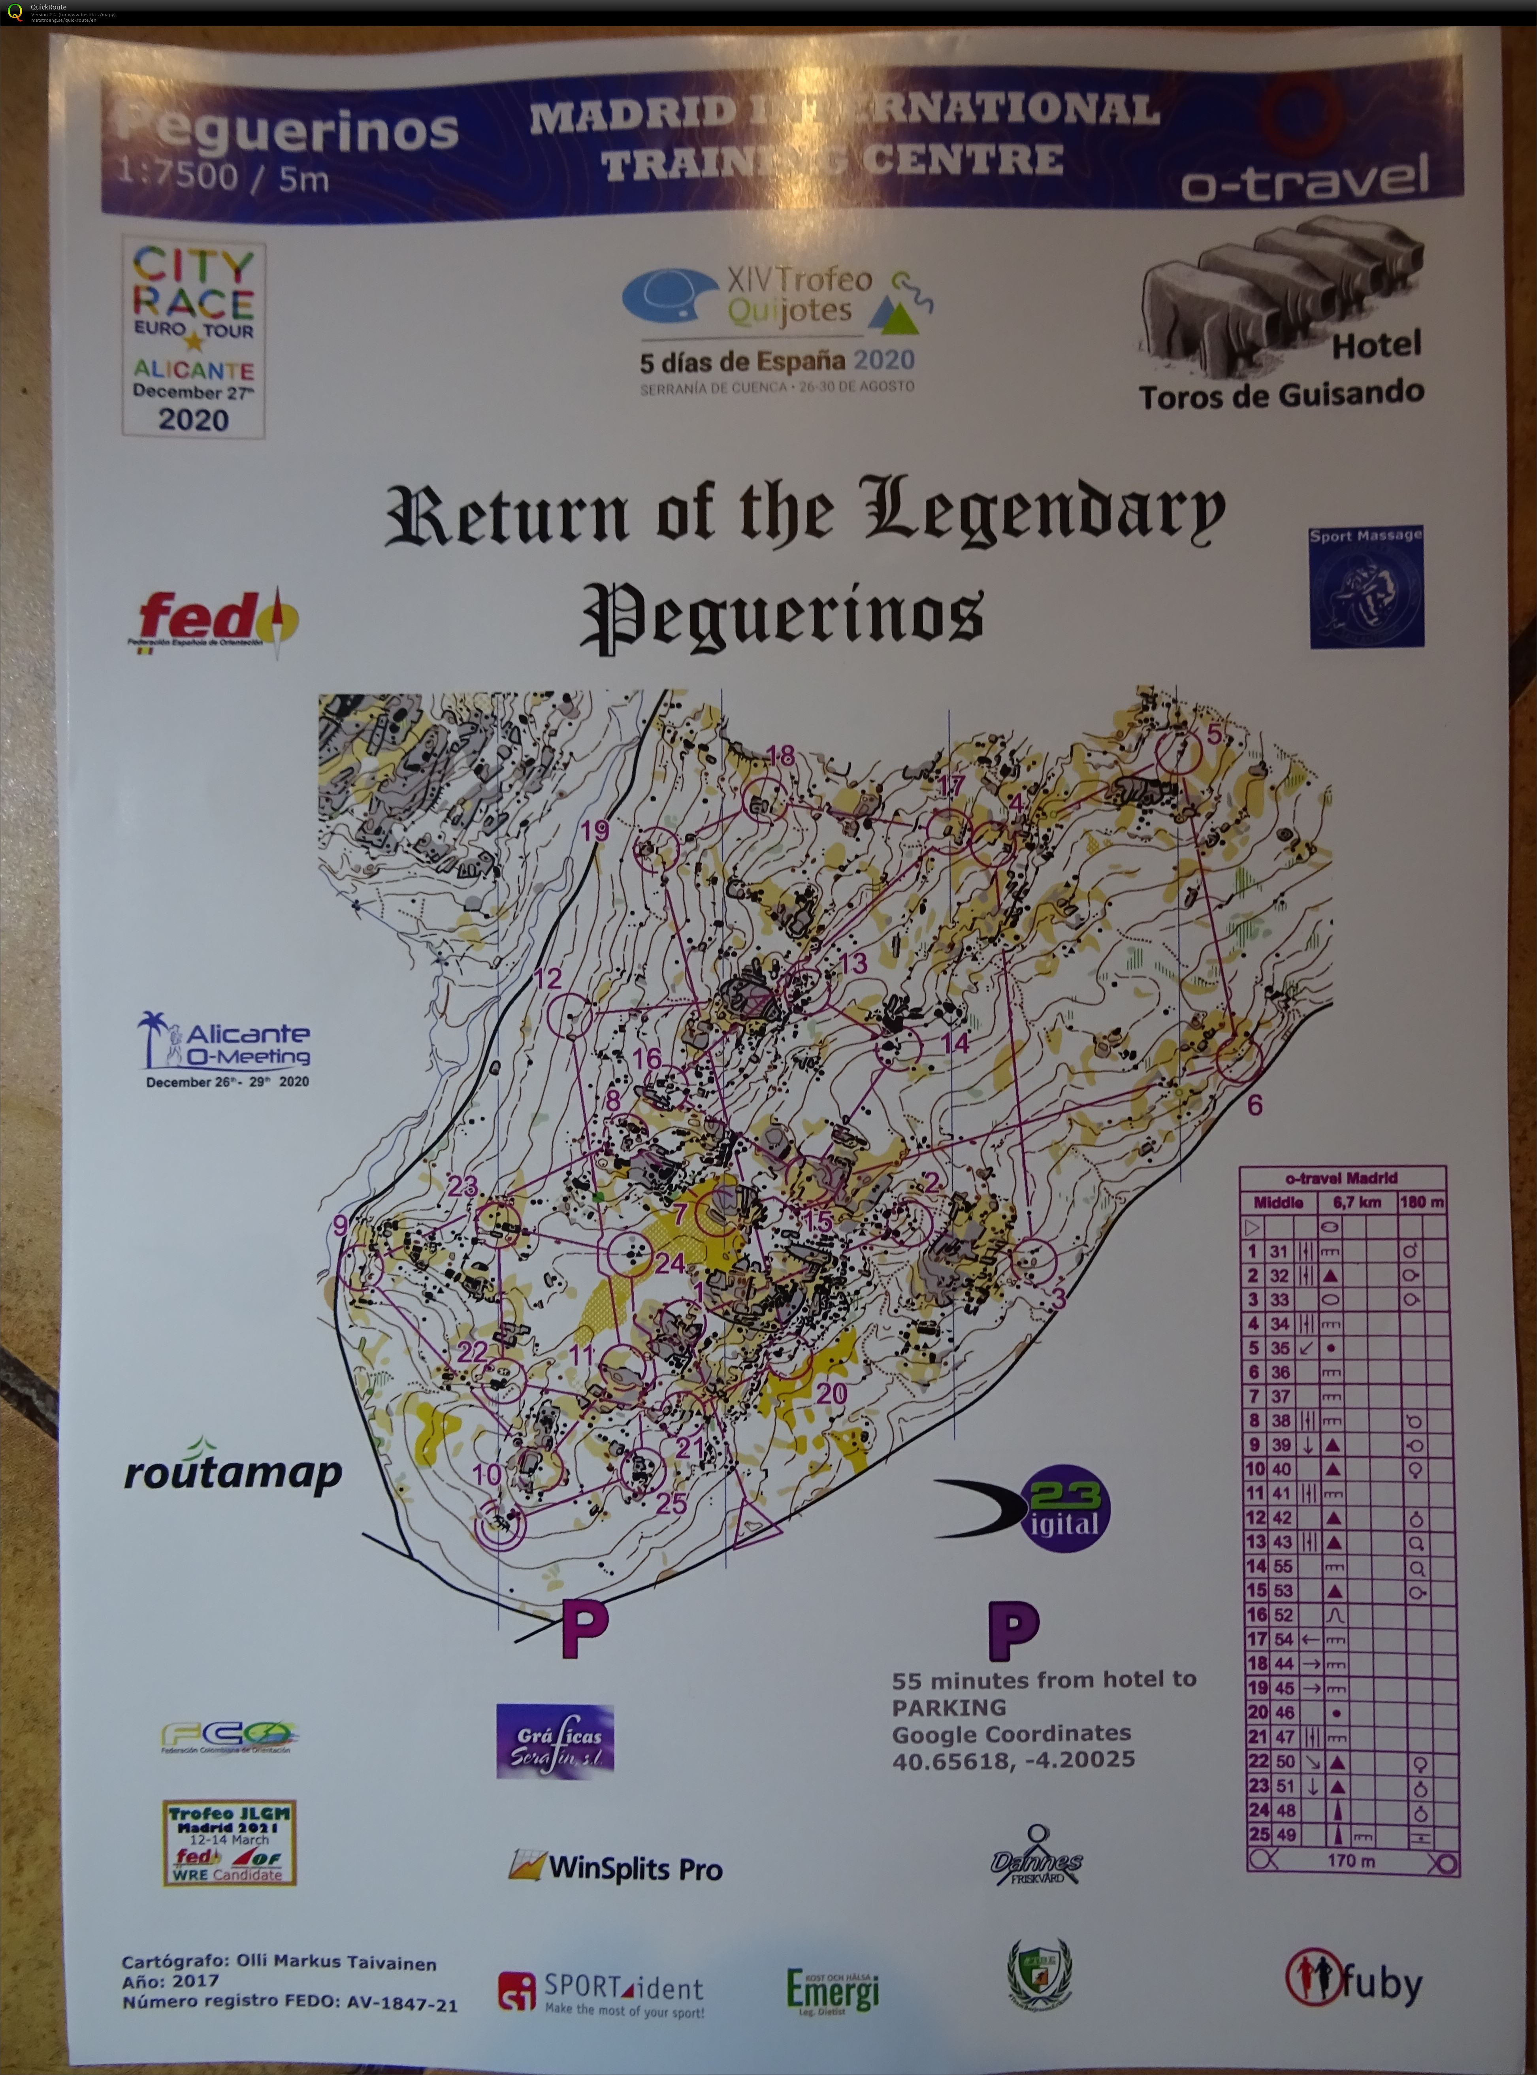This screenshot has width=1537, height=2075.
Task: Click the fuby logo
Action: (1354, 1980)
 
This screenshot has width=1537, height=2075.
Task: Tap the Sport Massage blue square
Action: (1366, 586)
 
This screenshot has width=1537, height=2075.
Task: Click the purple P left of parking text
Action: (1012, 1630)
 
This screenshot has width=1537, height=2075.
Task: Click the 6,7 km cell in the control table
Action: (1358, 1202)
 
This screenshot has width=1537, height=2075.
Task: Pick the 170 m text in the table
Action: (1351, 1860)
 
